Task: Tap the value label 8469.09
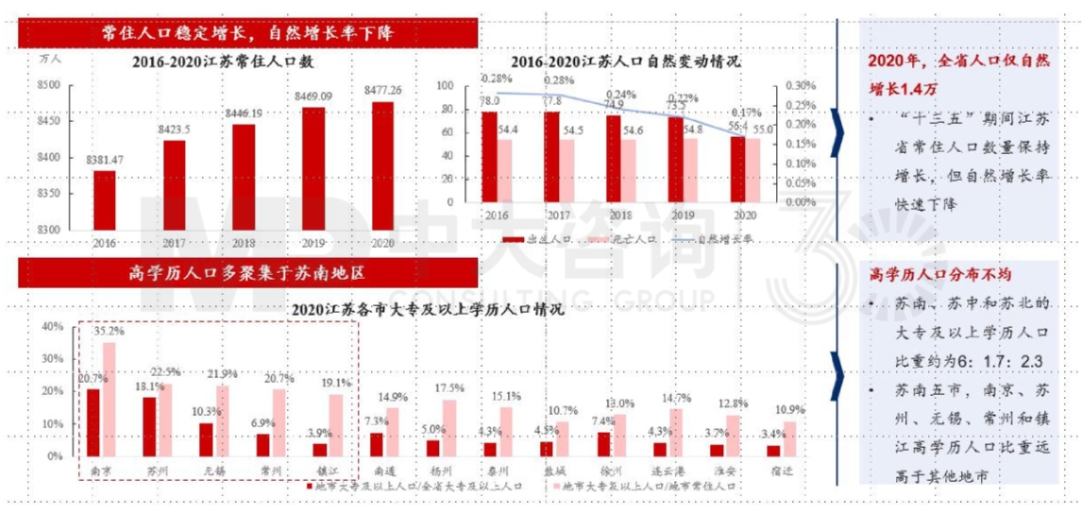(x=313, y=96)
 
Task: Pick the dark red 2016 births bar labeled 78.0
(x=489, y=157)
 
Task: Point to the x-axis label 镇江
(x=324, y=468)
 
